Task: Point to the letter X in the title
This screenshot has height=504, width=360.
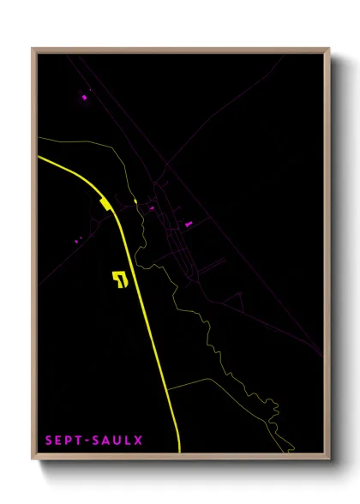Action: click(x=138, y=441)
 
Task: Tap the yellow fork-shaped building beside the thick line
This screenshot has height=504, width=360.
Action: click(x=119, y=279)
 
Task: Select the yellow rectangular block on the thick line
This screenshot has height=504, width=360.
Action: click(x=105, y=204)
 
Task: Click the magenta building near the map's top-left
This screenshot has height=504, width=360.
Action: click(x=84, y=97)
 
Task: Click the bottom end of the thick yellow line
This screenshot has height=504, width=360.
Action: click(x=179, y=450)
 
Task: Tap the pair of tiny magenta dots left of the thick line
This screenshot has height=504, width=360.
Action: click(x=77, y=239)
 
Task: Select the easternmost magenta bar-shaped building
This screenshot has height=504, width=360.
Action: click(x=189, y=224)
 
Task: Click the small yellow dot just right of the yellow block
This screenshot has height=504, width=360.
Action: click(x=135, y=202)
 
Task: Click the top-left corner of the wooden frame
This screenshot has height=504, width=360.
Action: click(x=33, y=48)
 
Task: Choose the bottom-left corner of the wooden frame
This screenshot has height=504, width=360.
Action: click(x=33, y=459)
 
